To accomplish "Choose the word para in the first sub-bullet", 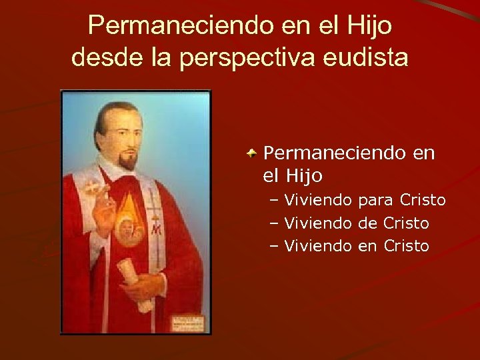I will click(x=377, y=200).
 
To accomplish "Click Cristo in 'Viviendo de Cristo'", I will click(x=406, y=223).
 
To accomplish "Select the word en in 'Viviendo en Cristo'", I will click(x=367, y=246).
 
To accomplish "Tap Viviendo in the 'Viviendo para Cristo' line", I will click(x=319, y=200).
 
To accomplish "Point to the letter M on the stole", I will click(x=156, y=230).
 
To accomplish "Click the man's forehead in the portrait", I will click(x=125, y=119).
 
